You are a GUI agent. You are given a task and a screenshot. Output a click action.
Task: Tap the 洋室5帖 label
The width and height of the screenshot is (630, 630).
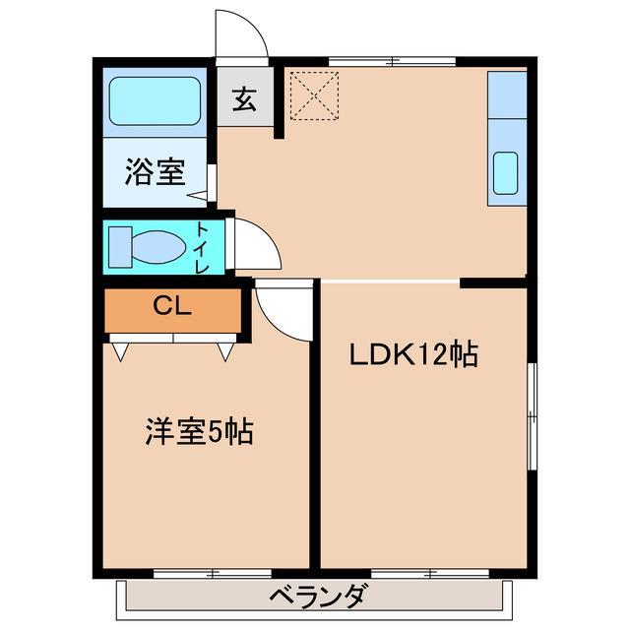click(200, 431)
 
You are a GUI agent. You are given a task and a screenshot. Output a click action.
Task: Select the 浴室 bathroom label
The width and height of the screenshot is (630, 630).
click(156, 172)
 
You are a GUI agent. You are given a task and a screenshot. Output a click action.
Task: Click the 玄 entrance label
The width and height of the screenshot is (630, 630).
click(245, 99)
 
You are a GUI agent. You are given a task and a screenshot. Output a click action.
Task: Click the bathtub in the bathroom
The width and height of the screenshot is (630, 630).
click(156, 99)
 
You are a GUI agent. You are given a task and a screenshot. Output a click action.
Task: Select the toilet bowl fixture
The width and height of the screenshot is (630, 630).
click(158, 246)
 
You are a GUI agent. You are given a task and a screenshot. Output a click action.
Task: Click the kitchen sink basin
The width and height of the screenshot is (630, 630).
click(505, 173)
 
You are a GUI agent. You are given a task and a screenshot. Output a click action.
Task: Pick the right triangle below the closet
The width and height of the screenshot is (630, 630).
click(224, 349)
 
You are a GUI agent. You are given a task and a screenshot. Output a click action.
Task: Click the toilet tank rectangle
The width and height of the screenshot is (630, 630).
click(119, 244)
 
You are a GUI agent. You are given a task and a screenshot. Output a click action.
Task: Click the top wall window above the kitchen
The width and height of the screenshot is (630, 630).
click(392, 61)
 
